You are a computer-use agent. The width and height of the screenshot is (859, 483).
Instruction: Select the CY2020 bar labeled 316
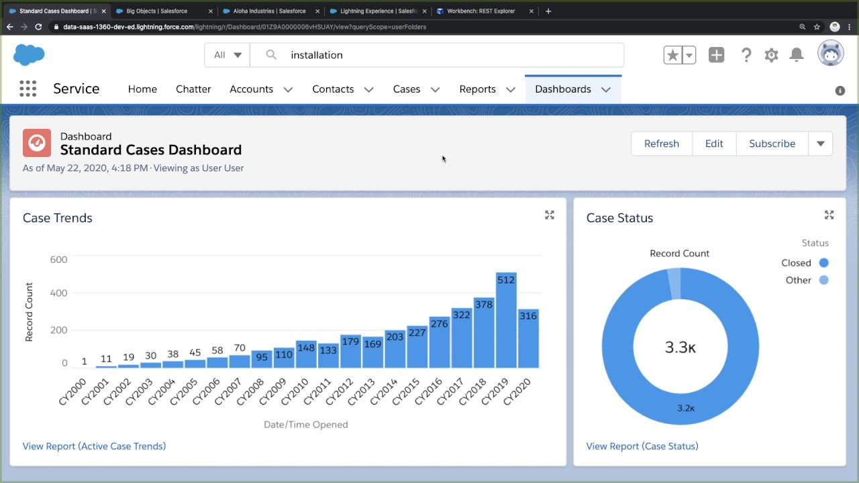[528, 339]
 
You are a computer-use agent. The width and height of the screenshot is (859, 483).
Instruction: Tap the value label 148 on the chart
[306, 347]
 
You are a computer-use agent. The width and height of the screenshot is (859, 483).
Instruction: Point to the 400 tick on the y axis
[59, 293]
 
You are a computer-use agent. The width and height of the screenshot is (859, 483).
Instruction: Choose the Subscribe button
[772, 144]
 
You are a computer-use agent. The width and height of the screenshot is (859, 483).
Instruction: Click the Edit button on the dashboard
[714, 144]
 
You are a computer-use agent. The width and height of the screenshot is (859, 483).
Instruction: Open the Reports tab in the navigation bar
[477, 89]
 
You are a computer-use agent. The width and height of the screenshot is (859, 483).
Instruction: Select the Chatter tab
[193, 89]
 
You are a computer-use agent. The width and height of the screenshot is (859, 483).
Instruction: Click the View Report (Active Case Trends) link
[94, 446]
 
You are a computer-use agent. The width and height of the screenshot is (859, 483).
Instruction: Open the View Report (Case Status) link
[642, 446]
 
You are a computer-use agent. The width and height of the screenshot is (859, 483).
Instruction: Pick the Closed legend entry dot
[823, 263]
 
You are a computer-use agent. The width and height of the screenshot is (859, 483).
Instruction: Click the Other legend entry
[798, 280]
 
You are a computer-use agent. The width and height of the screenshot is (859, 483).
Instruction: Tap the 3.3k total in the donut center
[680, 347]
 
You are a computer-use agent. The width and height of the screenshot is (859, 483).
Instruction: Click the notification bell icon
[797, 55]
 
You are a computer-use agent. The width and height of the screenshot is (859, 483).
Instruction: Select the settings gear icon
[771, 55]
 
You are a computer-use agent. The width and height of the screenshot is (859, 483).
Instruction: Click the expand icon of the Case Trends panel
[550, 215]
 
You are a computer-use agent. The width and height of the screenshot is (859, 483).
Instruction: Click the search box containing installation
[436, 55]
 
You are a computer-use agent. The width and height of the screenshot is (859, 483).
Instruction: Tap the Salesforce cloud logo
[29, 54]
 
